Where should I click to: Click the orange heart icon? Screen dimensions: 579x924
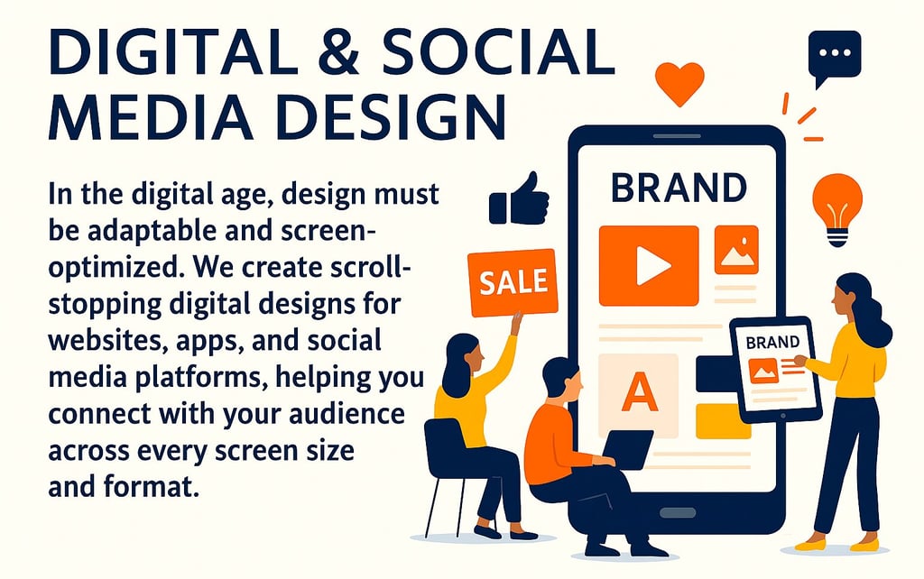coord(679,82)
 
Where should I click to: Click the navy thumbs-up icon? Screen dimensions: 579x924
coord(519,200)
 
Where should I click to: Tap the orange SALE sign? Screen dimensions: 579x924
coord(512,283)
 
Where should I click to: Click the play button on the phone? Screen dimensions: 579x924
coord(649,264)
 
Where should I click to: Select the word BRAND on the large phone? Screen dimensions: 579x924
coord(679,188)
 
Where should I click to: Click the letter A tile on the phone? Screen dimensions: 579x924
coord(639,393)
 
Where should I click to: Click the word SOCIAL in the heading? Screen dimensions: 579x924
coord(506,57)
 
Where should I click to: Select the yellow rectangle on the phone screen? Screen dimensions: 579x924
coord(722,421)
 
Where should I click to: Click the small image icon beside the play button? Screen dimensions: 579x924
coord(736,250)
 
